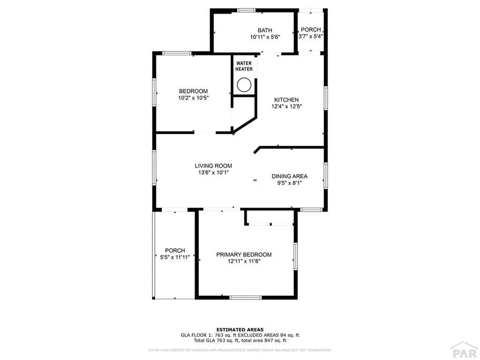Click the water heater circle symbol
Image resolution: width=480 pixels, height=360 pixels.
point(244,85)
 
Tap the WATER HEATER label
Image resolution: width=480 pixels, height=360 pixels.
point(244,66)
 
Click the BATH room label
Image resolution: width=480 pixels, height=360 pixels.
point(265,30)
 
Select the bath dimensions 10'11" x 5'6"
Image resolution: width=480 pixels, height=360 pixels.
point(265,37)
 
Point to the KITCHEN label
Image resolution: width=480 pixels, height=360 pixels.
point(286,100)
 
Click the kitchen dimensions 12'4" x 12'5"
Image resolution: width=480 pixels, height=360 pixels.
point(286,106)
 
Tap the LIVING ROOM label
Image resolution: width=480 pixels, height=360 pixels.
point(213,166)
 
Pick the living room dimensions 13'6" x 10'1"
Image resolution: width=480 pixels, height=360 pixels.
point(213,172)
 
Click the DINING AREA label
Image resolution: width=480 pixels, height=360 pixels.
point(290,176)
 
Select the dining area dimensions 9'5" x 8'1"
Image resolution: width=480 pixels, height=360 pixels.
point(290,183)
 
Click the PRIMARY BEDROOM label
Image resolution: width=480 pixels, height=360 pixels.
point(244,255)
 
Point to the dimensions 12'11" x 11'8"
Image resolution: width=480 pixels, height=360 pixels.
point(244,262)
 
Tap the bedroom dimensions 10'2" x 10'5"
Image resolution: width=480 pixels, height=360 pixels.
point(193,98)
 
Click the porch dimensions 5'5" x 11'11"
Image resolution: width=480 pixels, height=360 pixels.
point(175,257)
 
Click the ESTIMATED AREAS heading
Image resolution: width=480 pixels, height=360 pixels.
point(240,330)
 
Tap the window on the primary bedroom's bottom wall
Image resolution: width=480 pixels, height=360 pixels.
point(245,297)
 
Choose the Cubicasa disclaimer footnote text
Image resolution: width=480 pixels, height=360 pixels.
point(240,350)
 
